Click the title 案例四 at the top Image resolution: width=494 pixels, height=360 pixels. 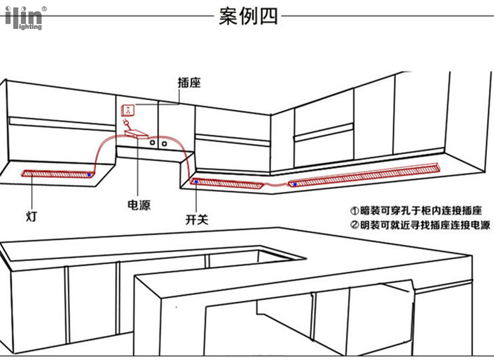(248, 16)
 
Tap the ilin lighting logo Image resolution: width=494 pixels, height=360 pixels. (24, 18)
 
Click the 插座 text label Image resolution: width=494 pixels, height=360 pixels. (189, 83)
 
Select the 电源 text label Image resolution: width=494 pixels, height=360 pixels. (139, 205)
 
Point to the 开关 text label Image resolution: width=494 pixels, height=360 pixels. (197, 220)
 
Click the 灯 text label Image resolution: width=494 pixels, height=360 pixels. (32, 216)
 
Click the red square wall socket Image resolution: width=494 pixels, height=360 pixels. (128, 110)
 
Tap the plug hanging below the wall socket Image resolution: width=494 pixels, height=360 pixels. (126, 122)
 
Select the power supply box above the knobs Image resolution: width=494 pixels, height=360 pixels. (136, 134)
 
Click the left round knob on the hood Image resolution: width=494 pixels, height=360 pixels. (152, 143)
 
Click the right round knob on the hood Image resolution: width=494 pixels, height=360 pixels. (164, 144)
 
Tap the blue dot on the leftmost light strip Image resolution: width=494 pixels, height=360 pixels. (89, 174)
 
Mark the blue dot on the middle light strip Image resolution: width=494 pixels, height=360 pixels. (196, 182)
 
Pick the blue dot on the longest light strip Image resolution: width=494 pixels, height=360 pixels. (295, 184)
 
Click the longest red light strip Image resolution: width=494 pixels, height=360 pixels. (363, 175)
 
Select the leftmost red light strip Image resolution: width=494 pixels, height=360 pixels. (58, 174)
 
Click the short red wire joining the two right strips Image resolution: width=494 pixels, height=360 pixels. (276, 185)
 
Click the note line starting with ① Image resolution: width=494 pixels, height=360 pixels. (416, 210)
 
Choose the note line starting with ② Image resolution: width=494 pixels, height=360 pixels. (421, 225)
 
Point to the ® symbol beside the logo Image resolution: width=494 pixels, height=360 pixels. (44, 9)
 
